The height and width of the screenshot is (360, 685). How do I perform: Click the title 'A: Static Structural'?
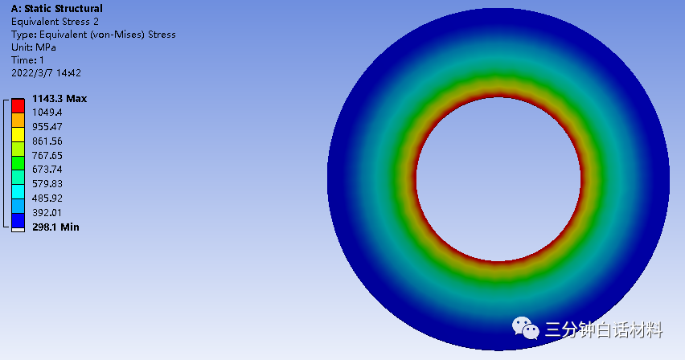tap(57, 9)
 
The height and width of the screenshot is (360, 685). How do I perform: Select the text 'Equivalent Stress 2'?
tap(55, 22)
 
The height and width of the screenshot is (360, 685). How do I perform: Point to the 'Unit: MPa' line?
tap(34, 47)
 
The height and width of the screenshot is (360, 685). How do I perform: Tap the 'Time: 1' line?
tap(27, 59)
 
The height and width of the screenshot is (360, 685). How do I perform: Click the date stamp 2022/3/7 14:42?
tap(46, 73)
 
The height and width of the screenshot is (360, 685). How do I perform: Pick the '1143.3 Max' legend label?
tap(59, 99)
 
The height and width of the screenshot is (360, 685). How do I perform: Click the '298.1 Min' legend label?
tap(56, 227)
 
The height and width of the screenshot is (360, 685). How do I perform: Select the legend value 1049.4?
tap(47, 112)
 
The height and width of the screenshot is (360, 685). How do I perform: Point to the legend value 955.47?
tap(47, 127)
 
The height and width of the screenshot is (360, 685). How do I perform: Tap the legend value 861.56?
tap(47, 141)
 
